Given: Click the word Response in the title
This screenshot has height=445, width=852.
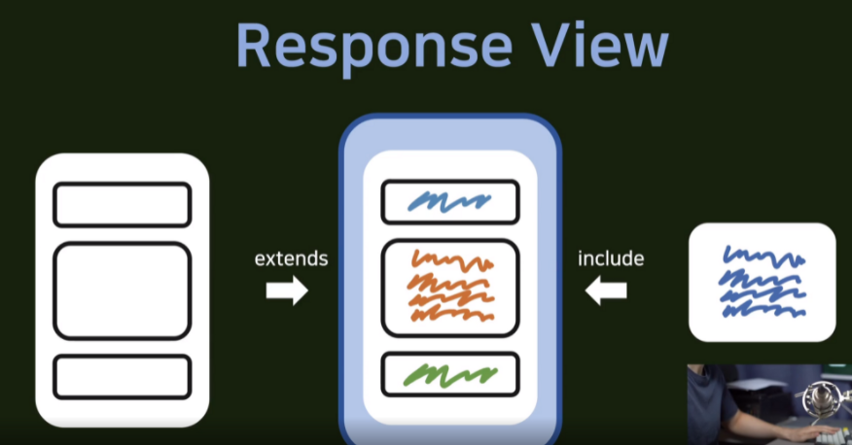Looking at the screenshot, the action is pyautogui.click(x=374, y=48).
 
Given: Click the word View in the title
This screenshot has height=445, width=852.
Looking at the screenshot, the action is pyautogui.click(x=599, y=46).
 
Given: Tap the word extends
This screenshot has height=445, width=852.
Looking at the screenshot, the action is pyautogui.click(x=291, y=258).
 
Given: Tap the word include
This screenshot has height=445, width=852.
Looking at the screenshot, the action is pyautogui.click(x=611, y=258).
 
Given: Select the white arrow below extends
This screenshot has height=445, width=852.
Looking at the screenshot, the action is pyautogui.click(x=287, y=291).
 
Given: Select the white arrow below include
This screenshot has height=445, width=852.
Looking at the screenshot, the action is pyautogui.click(x=606, y=291).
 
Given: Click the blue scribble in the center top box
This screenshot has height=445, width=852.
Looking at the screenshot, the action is pyautogui.click(x=450, y=201).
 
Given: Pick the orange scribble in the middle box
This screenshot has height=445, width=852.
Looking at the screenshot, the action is pyautogui.click(x=452, y=286).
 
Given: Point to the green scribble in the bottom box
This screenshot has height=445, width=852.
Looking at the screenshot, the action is pyautogui.click(x=450, y=375).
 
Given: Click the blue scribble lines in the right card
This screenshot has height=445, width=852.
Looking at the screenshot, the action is pyautogui.click(x=763, y=281).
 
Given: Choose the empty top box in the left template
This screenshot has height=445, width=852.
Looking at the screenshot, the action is pyautogui.click(x=123, y=205).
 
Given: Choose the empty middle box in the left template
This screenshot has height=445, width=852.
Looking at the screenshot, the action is pyautogui.click(x=123, y=291).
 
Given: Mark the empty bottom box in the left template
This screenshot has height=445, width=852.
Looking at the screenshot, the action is pyautogui.click(x=123, y=377).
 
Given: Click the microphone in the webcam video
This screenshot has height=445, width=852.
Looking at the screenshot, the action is pyautogui.click(x=821, y=400).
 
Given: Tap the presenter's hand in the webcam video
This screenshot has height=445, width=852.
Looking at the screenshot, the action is pyautogui.click(x=816, y=434).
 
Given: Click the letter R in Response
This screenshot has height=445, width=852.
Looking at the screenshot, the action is pyautogui.click(x=254, y=46).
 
